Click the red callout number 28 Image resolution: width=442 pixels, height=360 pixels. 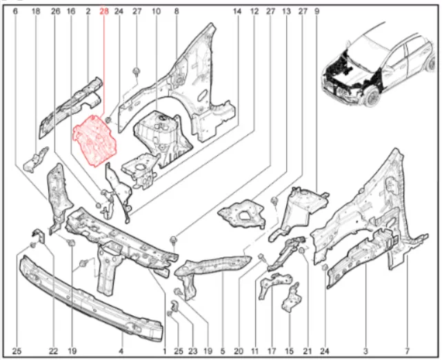[104, 11]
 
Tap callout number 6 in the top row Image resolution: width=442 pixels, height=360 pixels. [15, 11]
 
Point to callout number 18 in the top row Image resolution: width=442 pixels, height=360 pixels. [36, 11]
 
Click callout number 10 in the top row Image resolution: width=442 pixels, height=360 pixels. [156, 11]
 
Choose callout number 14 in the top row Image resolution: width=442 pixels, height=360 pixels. [237, 11]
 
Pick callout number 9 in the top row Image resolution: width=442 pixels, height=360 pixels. [317, 11]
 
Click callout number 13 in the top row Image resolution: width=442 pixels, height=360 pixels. [286, 11]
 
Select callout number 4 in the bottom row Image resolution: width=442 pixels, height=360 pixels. [121, 351]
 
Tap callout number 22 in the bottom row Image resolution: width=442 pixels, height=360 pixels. [53, 351]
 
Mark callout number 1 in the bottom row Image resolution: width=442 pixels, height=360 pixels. [165, 351]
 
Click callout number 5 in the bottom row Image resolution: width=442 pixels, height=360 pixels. [223, 351]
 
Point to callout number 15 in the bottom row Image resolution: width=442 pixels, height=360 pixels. [289, 351]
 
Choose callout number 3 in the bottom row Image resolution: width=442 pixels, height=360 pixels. [365, 351]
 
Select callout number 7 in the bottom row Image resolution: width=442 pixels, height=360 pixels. [407, 351]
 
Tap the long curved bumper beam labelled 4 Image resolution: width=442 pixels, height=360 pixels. [90, 299]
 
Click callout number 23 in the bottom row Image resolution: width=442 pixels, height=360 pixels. [193, 351]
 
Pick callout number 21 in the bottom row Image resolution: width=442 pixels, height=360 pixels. [308, 351]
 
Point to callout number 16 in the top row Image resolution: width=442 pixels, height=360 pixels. [71, 11]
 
